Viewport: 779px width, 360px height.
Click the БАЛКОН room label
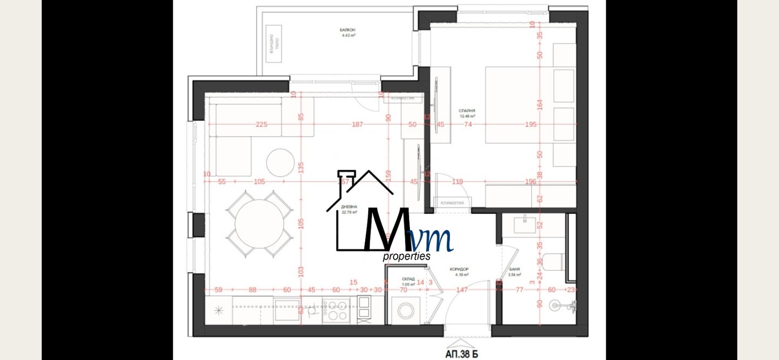348,30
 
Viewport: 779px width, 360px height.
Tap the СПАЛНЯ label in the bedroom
467,111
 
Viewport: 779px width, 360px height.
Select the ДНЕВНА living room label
349,207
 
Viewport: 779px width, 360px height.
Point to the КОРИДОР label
459,269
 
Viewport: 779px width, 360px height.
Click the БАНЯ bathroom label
515,269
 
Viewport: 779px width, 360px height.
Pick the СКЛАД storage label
408,279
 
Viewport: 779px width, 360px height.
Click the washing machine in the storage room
406,310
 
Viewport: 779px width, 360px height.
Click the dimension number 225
261,124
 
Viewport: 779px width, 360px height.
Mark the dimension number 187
357,124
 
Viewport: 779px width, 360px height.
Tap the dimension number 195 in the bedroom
531,124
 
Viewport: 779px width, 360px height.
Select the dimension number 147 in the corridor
462,289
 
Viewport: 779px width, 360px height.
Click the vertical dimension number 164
539,104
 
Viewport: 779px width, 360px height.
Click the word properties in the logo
407,256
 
